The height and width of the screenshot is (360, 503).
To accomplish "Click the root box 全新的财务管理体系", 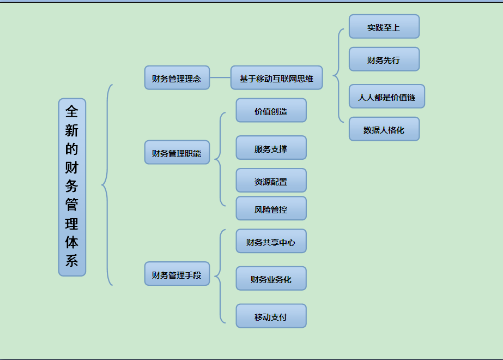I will [72, 187].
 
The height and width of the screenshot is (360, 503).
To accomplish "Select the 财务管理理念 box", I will [177, 78].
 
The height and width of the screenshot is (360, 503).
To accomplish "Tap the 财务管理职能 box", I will [177, 153].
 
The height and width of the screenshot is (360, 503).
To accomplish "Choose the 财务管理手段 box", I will [177, 274].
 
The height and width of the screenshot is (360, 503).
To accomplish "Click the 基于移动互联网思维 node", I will [276, 78].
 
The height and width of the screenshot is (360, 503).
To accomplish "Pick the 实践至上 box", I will [384, 27].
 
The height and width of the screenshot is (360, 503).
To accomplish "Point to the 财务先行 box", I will [384, 59].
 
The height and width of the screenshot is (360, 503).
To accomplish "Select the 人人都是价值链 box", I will [386, 97].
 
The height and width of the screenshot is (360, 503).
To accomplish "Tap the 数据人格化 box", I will [384, 129].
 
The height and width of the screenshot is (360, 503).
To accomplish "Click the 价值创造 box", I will [271, 111].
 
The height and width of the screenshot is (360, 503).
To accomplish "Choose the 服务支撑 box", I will [271, 148].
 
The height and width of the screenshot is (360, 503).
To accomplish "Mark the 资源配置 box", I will [271, 181].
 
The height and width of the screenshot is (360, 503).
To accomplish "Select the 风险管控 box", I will [271, 208].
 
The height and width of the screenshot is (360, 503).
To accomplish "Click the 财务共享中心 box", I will [271, 241].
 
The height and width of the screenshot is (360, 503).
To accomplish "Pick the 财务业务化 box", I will [271, 279].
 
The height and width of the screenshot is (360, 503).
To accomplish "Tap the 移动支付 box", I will [271, 316].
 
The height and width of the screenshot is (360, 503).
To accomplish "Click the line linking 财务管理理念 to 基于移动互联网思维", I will [220, 78].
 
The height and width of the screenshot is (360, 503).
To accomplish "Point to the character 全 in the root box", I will [72, 111].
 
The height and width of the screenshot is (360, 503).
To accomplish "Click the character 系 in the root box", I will [72, 260].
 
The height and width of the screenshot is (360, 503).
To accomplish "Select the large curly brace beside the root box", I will [106, 185].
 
